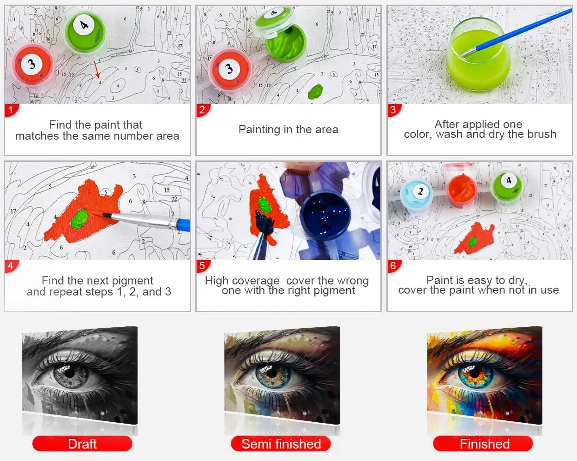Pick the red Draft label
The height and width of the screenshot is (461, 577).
[82, 444]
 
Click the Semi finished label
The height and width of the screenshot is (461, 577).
[281, 444]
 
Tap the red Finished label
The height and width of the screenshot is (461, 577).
[484, 444]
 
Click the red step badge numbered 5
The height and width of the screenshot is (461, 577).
[202, 266]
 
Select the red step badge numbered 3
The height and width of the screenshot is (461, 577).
[393, 110]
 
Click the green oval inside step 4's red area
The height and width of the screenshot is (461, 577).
[80, 217]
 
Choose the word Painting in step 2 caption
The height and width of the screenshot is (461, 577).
[259, 130]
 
